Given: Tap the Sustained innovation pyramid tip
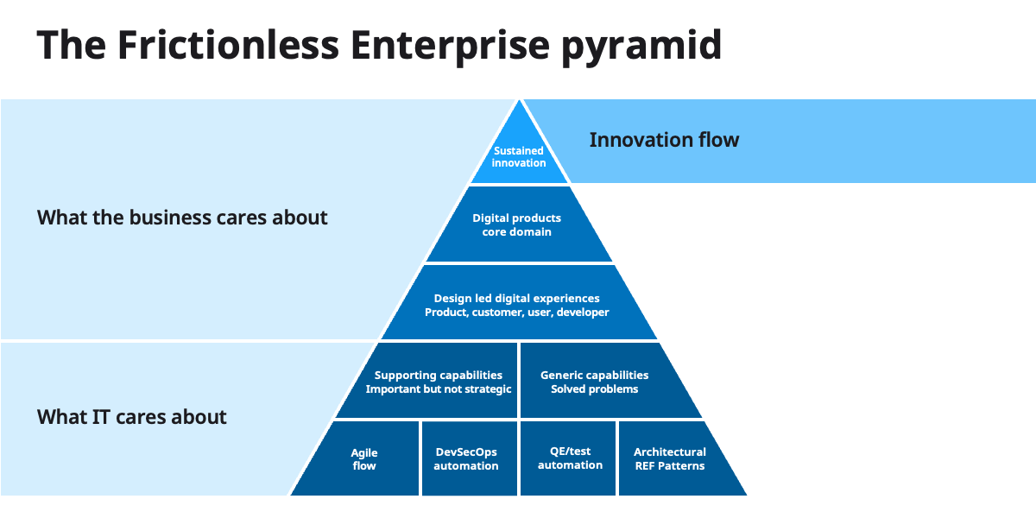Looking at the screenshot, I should pos(519,156).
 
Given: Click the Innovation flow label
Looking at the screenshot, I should pos(664,140).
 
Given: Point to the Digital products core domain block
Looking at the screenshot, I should pos(517,224).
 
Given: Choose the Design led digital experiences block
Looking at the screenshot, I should pos(517,305).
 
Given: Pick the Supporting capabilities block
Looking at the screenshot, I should pos(438,382).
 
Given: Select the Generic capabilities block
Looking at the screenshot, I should pos(595,382).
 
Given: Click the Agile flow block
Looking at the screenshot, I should pos(364,458).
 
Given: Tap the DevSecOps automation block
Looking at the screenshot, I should pos(466,458).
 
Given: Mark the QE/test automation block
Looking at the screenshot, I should pos(570,458).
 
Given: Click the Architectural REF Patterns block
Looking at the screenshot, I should pos(670,458).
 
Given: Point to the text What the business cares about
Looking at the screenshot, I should pos(182,218).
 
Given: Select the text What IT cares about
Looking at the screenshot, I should pos(132,417).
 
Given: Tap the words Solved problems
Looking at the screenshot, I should pos(595,389).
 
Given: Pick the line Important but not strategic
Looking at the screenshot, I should pos(439,389).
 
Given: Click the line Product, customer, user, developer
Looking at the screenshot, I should pos(517,313).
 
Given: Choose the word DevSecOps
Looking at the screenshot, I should pos(466,452).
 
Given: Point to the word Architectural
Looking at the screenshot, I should pos(670,452).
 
